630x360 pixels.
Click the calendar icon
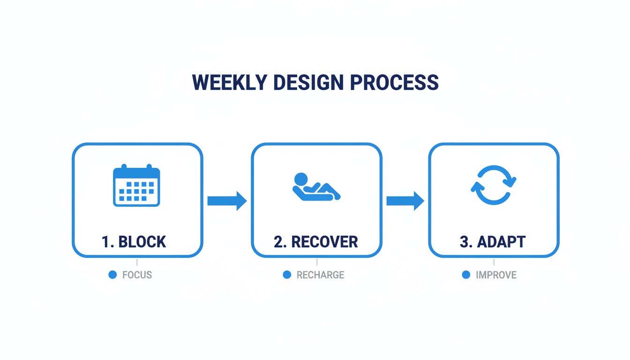[x=137, y=186]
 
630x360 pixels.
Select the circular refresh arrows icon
[x=494, y=185]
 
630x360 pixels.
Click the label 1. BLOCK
[x=134, y=242]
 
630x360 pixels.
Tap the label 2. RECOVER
[x=316, y=242]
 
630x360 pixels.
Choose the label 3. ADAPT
[x=493, y=242]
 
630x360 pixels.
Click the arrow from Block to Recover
[x=227, y=201]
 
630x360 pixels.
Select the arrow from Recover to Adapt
[x=405, y=201]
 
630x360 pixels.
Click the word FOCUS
[x=137, y=275]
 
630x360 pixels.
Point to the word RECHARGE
[x=320, y=275]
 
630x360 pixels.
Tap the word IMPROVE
[x=496, y=275]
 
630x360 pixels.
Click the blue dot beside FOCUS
[x=112, y=275]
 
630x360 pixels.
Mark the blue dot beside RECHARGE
[x=287, y=275]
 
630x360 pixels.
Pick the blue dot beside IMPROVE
[x=466, y=275]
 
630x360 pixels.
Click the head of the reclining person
[x=300, y=179]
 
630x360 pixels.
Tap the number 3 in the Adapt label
[x=464, y=242]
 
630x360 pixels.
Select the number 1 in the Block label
[x=105, y=242]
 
